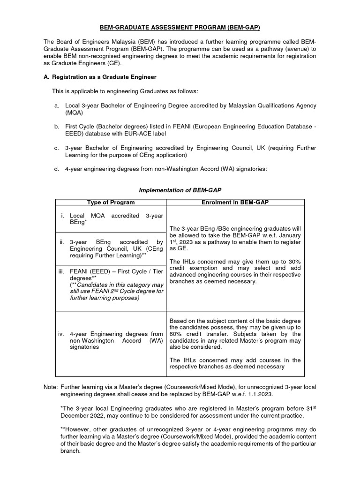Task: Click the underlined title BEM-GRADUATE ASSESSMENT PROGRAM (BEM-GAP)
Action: pyautogui.click(x=180, y=28)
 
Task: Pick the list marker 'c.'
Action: pyautogui.click(x=57, y=148)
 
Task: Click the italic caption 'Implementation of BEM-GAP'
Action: pyautogui.click(x=180, y=190)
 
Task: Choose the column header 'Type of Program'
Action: pyautogui.click(x=111, y=202)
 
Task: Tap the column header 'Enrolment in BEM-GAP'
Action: pyautogui.click(x=235, y=202)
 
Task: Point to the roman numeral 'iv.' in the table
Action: pyautogui.click(x=62, y=334)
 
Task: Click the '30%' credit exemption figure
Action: pyautogui.click(x=293, y=261)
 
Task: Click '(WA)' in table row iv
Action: pyautogui.click(x=155, y=341)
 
